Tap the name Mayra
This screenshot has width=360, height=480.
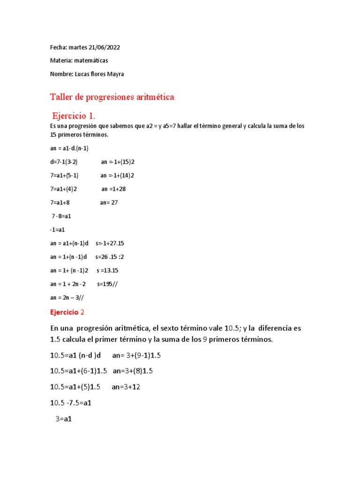coord(114,74)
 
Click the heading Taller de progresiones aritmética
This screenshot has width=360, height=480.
coord(112,97)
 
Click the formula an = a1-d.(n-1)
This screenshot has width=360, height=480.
coord(69,148)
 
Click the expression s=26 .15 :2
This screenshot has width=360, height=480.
coord(110,257)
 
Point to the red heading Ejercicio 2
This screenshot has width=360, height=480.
coord(67,312)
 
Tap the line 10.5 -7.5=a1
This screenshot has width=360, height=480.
coord(70,403)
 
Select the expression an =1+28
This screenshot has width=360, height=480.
coord(113,189)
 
